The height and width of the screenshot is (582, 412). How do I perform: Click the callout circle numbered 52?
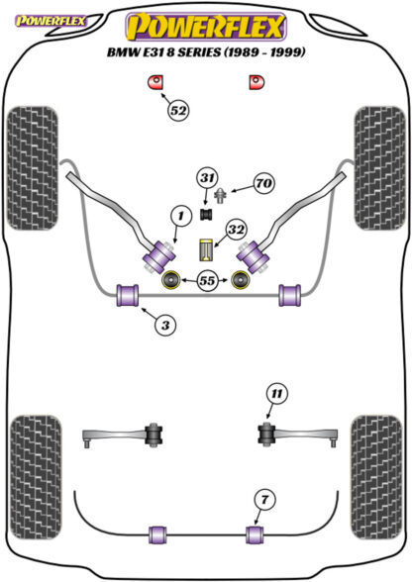point(178,110)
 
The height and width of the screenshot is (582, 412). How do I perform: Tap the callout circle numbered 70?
point(264,183)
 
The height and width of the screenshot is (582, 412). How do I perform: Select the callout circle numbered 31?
point(207,178)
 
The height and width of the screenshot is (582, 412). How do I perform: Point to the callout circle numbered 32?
point(237,230)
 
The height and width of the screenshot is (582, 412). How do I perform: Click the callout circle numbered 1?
point(181,216)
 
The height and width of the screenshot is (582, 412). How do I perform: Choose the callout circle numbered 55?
point(207,280)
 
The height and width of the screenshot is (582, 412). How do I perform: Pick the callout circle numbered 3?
point(165,326)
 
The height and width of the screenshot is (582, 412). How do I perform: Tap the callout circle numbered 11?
point(276,394)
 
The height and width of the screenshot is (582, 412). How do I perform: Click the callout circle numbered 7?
point(264,500)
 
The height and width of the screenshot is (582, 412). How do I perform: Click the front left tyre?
point(33,168)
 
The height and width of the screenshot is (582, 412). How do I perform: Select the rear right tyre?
point(377,478)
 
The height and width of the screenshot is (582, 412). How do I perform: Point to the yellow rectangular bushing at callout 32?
point(205,249)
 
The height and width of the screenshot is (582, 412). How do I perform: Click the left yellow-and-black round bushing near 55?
point(171,280)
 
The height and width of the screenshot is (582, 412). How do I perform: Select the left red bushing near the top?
point(156,82)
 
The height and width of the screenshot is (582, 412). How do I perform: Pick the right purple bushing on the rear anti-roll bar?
point(255,534)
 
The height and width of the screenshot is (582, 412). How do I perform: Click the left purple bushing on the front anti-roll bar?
point(128,295)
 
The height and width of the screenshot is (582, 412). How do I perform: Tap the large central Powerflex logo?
point(206,27)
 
